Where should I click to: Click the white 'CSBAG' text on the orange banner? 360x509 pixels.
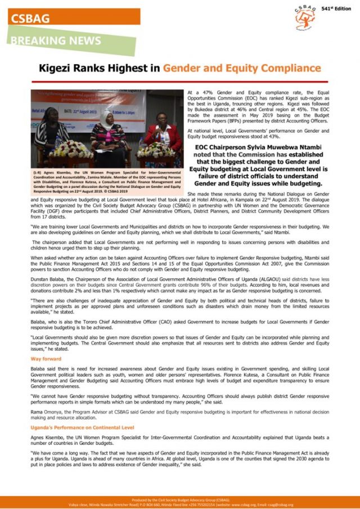(30, 18)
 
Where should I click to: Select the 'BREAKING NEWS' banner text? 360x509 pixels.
(56, 41)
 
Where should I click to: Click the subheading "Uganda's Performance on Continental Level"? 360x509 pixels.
(82, 427)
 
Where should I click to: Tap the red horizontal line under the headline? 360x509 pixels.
(179, 82)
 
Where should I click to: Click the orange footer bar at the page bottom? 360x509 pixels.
(180, 502)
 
